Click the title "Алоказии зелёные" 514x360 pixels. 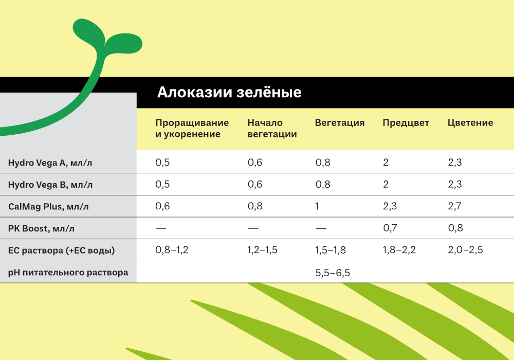[229, 92]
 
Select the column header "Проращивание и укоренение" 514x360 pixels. [192, 128]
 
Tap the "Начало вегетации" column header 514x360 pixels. [272, 128]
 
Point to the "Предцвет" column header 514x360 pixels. [406, 123]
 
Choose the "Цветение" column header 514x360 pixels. [470, 122]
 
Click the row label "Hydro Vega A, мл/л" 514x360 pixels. [50, 163]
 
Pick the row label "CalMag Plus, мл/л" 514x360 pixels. [48, 207]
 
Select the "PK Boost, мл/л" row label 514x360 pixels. [41, 228]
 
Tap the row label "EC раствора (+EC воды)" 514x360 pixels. [62, 250]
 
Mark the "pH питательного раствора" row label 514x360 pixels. [68, 273]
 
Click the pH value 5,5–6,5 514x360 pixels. [333, 273]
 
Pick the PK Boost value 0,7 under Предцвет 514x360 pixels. [390, 228]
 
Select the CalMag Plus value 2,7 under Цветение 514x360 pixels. [455, 206]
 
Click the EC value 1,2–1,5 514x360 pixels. [262, 250]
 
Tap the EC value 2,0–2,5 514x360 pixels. [466, 250]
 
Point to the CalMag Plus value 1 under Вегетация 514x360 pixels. [317, 206]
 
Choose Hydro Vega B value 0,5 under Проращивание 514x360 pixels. [162, 184]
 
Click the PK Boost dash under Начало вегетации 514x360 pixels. [253, 228]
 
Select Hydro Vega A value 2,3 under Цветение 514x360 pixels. [455, 162]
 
